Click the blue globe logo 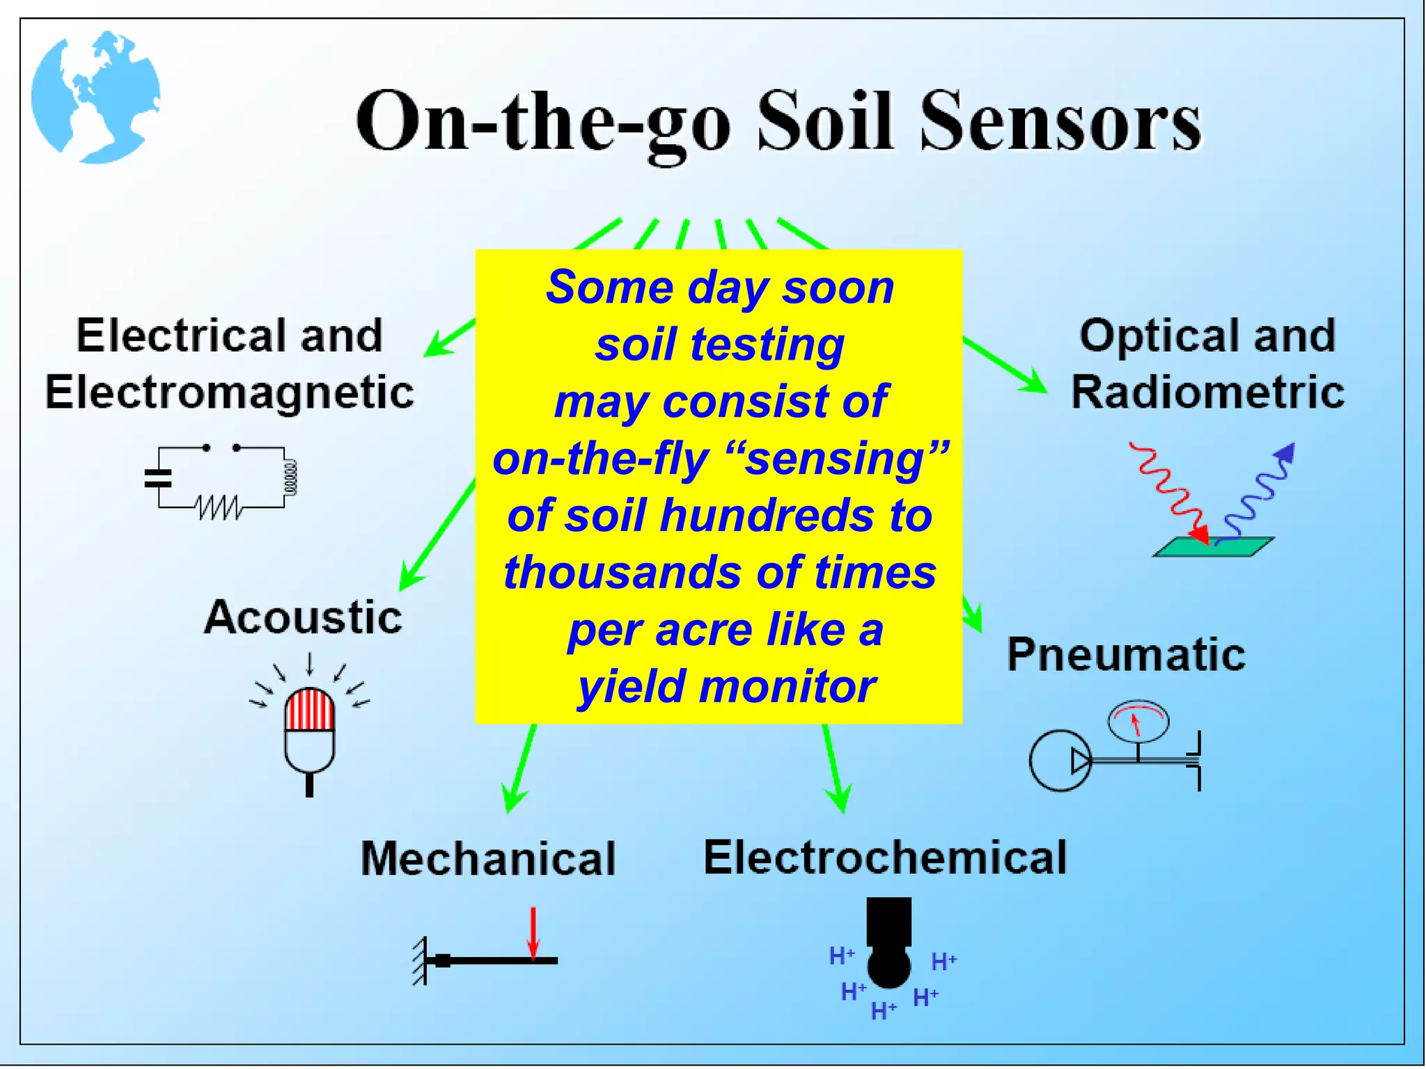[x=95, y=97]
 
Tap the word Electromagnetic [x=230, y=392]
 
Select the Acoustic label [x=303, y=617]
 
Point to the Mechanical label [x=488, y=858]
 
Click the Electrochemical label [x=885, y=857]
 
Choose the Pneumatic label [x=1126, y=654]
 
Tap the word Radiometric [x=1207, y=392]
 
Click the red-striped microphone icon [x=310, y=731]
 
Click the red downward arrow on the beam [x=533, y=933]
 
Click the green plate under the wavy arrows [x=1213, y=546]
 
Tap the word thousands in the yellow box [x=622, y=573]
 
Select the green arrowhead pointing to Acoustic [x=410, y=578]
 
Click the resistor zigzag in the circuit [x=219, y=507]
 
